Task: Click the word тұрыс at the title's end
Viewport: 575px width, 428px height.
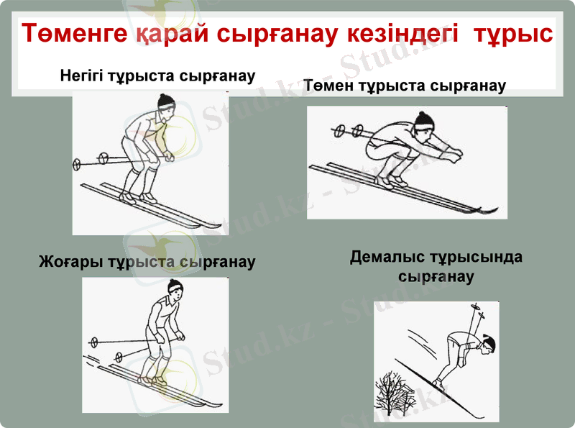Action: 512,34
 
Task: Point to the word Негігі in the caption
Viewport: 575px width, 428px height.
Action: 85,75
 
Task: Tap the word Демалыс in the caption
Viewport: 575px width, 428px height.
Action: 388,258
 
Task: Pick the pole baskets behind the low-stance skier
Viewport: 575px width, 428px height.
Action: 347,131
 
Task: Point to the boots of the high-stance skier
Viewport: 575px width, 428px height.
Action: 152,378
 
